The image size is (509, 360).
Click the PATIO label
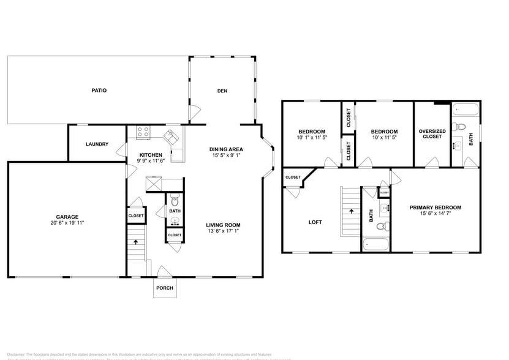[x=99, y=91]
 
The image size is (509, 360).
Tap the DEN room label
[x=222, y=91]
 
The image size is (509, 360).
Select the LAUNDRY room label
[x=97, y=144]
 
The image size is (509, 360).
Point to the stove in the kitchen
[x=143, y=132]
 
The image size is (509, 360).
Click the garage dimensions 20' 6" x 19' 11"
[x=67, y=223]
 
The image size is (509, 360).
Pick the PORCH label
[x=165, y=288]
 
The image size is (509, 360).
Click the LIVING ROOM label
[x=223, y=225]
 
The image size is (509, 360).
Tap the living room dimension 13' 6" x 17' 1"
[x=223, y=232]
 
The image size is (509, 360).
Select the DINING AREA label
[x=227, y=149]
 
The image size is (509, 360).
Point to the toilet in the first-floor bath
[x=175, y=200]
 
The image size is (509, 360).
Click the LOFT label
[x=315, y=222]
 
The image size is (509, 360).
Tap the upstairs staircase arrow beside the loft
[x=352, y=211]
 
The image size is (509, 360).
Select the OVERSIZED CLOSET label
[x=432, y=133]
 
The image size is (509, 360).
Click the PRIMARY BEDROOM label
[x=435, y=208]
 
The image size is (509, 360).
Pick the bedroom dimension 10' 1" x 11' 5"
[x=312, y=138]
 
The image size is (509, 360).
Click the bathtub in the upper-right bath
[x=466, y=111]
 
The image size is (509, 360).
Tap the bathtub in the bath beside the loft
[x=375, y=245]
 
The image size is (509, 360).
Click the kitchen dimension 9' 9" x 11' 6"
[x=151, y=161]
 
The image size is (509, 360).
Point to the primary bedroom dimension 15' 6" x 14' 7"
[x=435, y=214]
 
